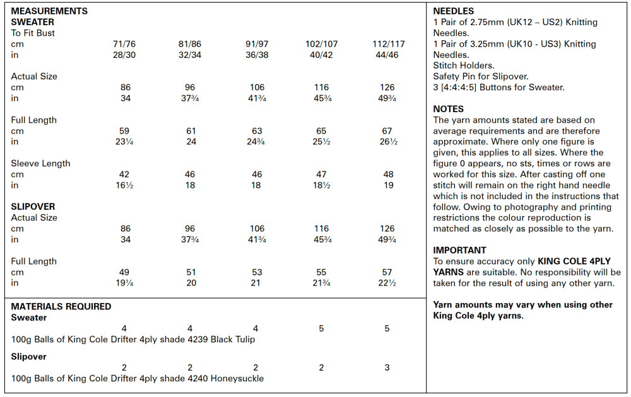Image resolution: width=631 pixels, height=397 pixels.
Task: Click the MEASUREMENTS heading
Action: [49, 11]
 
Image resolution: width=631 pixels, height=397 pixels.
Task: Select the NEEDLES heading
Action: [453, 11]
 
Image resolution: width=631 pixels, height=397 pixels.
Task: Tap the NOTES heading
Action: [448, 109]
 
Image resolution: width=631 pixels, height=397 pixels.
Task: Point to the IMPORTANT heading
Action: [459, 250]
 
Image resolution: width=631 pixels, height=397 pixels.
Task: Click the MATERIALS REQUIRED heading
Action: [61, 306]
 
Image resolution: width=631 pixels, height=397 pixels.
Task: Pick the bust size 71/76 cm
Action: [124, 44]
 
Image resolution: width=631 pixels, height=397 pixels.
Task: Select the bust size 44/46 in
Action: [387, 55]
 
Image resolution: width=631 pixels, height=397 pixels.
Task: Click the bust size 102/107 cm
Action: [321, 44]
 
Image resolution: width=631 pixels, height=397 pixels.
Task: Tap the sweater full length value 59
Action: [124, 131]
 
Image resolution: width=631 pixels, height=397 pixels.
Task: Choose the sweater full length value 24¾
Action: [256, 142]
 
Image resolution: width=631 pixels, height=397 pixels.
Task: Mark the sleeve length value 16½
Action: [124, 185]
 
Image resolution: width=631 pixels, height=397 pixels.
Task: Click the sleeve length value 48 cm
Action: [387, 175]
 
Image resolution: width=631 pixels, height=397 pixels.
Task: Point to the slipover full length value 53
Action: [256, 272]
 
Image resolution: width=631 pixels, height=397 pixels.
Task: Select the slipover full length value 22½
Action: [387, 283]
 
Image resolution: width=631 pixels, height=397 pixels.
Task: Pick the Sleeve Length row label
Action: [40, 163]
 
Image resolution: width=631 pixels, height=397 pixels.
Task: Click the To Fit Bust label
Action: [33, 33]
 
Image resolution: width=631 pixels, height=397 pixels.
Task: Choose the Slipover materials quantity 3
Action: [387, 367]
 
